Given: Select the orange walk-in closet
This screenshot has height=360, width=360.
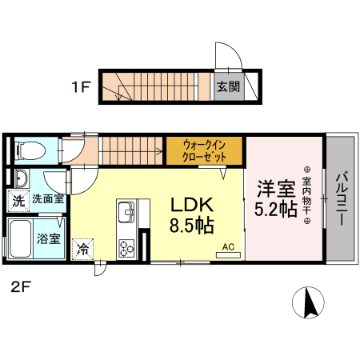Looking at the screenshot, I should tap(205, 150).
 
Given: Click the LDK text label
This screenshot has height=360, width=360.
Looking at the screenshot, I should tap(191, 205).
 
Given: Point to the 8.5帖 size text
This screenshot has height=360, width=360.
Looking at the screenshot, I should tap(191, 226).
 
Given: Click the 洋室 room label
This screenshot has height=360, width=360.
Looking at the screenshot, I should tap(276, 190).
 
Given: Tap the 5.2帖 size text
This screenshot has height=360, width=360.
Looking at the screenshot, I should tap(276, 210).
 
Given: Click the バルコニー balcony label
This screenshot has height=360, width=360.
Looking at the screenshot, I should tap(340, 198).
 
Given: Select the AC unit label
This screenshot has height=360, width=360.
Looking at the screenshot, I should tap(227, 247).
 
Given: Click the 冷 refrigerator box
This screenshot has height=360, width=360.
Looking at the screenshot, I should tap(82, 250).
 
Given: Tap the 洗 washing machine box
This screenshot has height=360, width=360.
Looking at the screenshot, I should tap(18, 201).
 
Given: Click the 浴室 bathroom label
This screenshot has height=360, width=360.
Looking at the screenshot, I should tap(48, 238).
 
